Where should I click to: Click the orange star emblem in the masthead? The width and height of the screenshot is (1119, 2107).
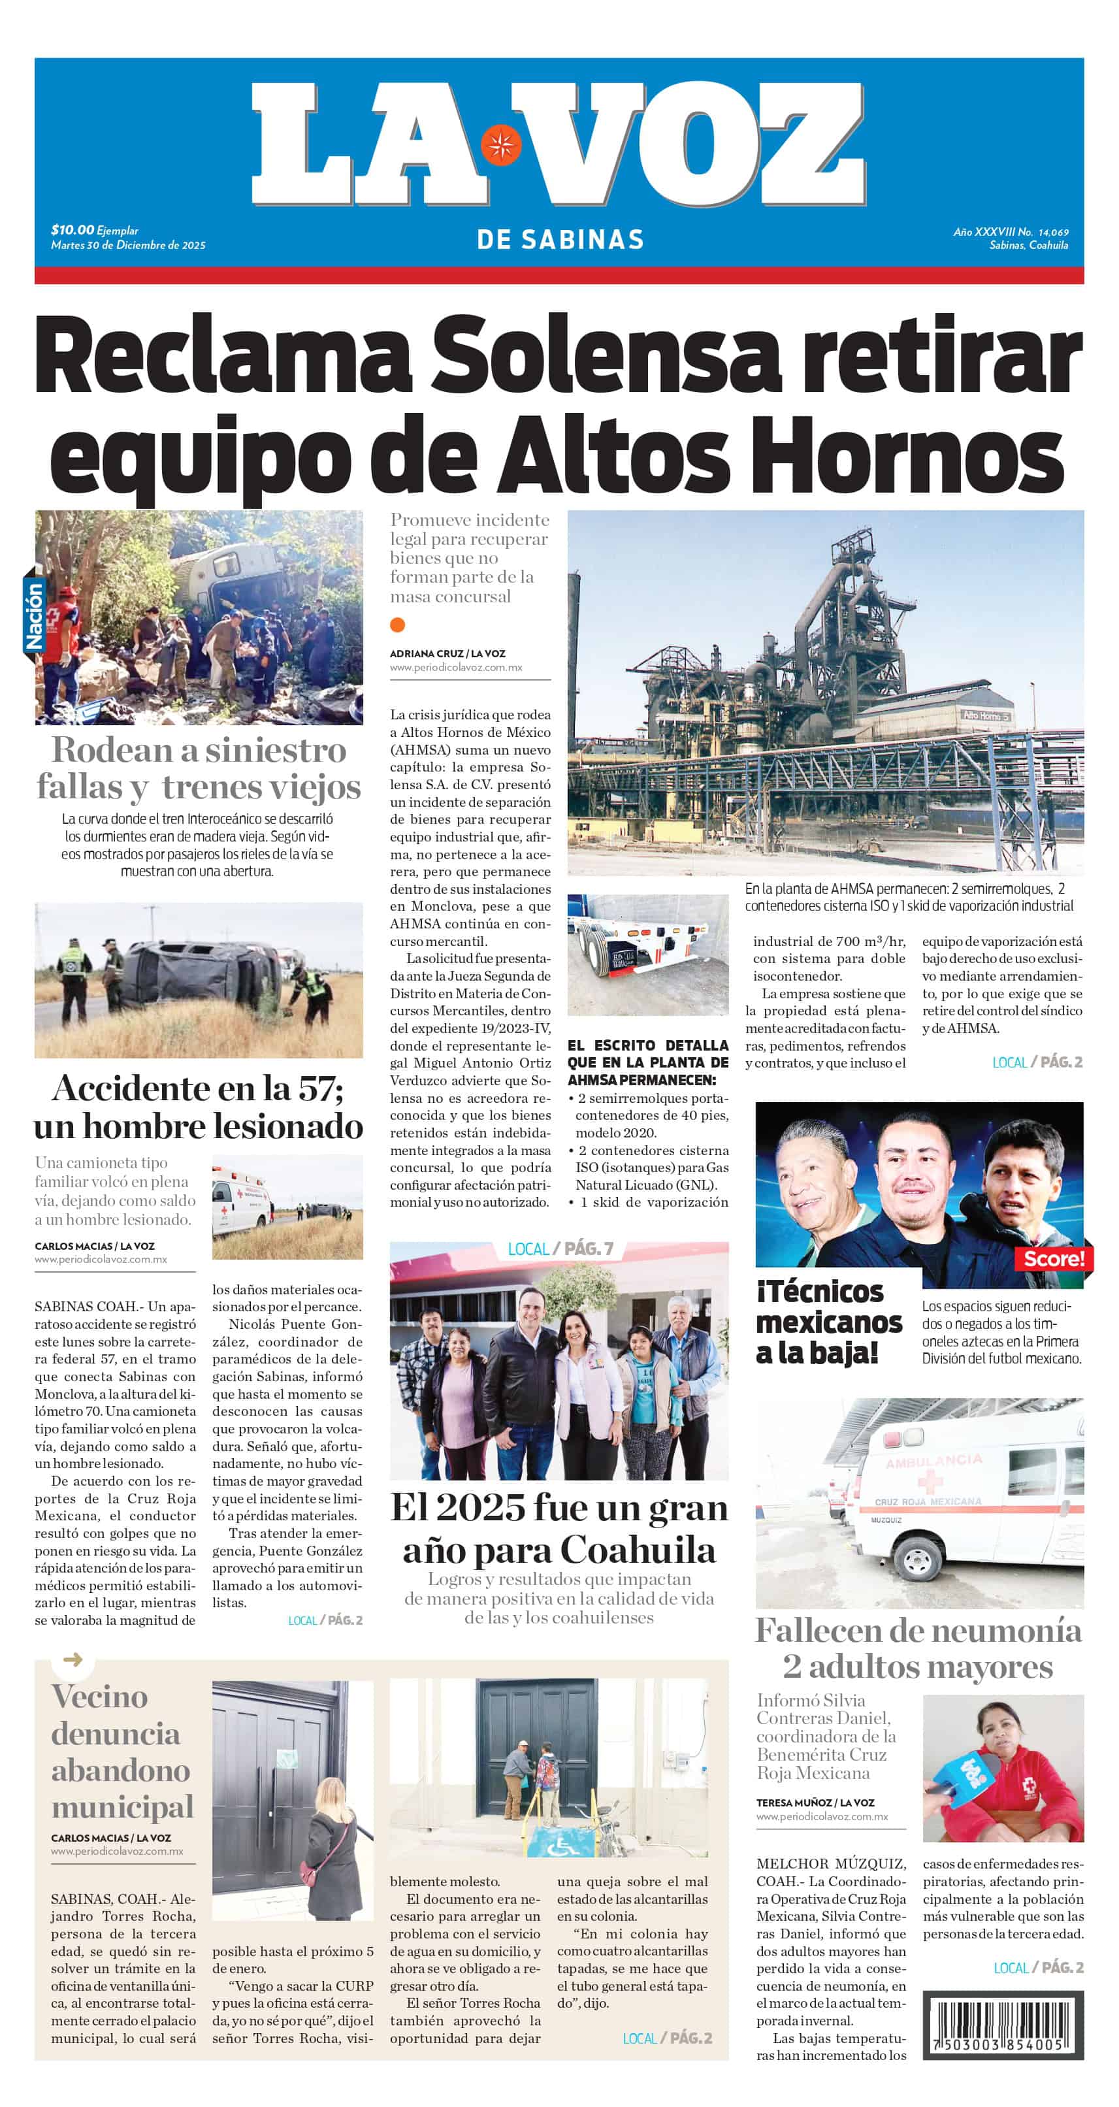point(500,146)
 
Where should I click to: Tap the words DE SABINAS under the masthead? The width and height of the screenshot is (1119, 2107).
point(560,240)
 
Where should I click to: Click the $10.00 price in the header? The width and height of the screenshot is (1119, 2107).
point(72,230)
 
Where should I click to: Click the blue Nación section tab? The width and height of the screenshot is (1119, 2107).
point(33,615)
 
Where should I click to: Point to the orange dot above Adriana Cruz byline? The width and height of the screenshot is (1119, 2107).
point(398,625)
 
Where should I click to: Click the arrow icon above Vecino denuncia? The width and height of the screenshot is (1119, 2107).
point(73,1659)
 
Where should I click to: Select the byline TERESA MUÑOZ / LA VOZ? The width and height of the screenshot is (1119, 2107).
point(815,1803)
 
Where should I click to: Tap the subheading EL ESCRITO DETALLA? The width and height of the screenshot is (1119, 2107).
point(647,1045)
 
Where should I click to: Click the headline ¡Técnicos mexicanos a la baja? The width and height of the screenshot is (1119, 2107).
point(828,1322)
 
